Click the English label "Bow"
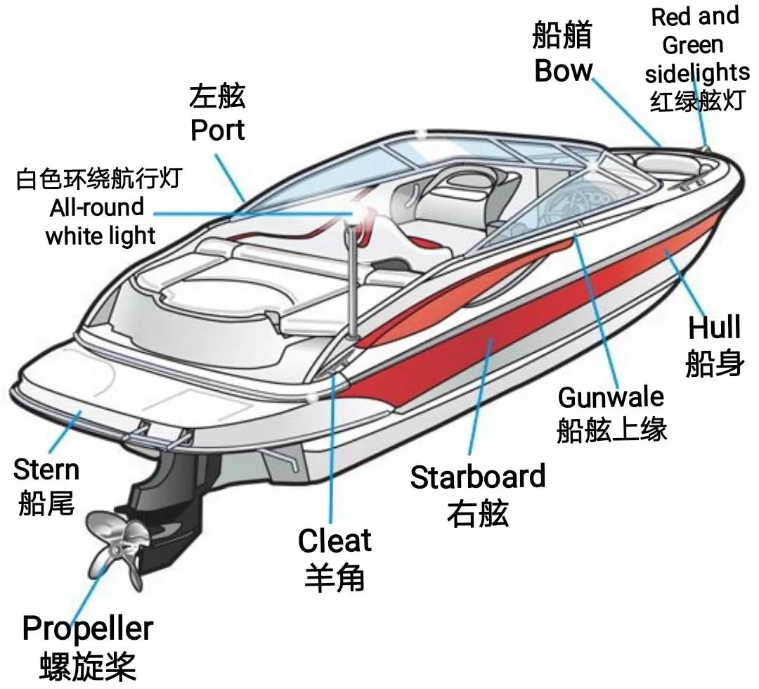coord(563,71)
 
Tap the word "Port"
coord(217,130)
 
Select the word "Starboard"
coord(478,477)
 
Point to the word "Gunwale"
coord(611,397)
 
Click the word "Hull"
coord(715,327)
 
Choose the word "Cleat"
coord(335,541)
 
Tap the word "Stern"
coord(46,469)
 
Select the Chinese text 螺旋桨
coord(88,667)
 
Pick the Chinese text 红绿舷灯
coord(696,101)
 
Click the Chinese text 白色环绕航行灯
coord(99,179)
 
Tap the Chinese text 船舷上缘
coord(611,429)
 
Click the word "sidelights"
coord(697,74)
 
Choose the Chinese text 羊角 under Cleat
coord(335,577)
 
